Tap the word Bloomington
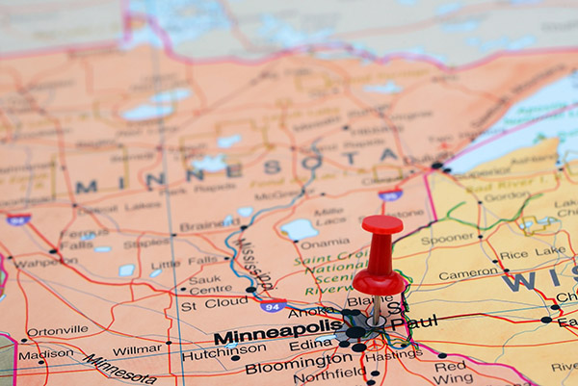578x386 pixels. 299,364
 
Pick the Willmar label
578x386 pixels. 136,349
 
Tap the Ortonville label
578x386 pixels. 57,331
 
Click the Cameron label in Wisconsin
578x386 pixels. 469,274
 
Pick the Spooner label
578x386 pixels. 447,238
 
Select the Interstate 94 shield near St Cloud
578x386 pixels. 273,306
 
